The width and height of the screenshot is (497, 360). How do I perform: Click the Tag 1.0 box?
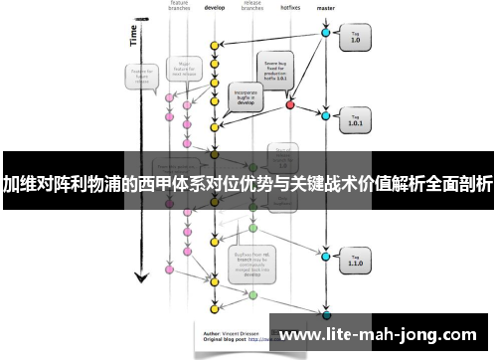coord(357,39)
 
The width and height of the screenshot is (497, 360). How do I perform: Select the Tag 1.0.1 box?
coord(357,122)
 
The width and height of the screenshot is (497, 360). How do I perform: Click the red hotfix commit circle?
coord(290,103)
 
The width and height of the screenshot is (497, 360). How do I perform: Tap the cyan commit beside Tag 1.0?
coord(325,34)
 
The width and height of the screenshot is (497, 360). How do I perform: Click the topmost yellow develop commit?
coord(214,45)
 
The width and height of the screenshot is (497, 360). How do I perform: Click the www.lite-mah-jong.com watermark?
coord(384,334)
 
